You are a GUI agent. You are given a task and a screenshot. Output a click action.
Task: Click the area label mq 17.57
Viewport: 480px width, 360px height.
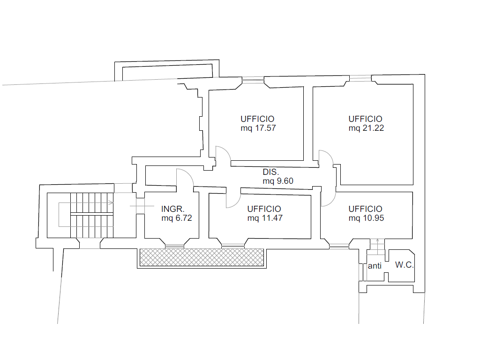258,128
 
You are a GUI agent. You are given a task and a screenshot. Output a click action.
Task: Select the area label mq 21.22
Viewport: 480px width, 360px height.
366,128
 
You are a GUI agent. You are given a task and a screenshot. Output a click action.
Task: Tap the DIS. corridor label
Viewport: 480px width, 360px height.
270,172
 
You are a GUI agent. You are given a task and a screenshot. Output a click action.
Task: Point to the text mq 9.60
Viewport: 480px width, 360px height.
278,181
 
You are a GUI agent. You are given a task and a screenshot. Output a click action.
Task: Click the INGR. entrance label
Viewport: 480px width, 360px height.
172,209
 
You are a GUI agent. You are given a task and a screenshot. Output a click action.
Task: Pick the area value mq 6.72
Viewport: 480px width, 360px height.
177,218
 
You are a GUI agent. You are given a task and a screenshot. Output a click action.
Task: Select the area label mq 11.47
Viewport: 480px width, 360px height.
265,218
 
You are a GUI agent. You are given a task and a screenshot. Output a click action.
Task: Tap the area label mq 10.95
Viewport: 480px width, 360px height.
366,218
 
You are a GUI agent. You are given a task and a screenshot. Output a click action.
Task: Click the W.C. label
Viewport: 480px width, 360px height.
405,265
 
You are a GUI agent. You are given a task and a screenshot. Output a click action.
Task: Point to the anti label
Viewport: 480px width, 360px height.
375,266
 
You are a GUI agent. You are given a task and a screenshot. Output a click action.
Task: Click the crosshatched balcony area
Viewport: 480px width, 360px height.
202,257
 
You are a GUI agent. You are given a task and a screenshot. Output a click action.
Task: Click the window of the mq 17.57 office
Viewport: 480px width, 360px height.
253,80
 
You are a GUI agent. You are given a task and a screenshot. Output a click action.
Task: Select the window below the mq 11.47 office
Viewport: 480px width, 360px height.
233,246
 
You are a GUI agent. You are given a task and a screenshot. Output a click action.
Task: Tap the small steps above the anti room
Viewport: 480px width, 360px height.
377,247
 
